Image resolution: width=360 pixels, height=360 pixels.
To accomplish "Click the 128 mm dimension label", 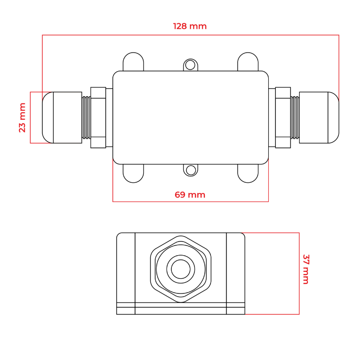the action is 190,26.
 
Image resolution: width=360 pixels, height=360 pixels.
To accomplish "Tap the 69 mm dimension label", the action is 190,195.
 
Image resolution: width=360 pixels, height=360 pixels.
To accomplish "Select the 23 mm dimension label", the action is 22,117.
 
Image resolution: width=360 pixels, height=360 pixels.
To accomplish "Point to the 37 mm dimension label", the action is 306,269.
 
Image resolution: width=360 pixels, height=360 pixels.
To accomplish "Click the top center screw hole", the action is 190,65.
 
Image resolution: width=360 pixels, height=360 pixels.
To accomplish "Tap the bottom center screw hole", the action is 190,171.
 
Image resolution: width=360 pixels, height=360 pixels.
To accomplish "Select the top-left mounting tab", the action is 133,62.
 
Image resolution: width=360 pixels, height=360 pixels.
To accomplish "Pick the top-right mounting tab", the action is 248,62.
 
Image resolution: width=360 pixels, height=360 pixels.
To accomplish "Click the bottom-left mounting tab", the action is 133,173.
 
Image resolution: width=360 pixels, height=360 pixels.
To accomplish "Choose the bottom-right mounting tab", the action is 248,173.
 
